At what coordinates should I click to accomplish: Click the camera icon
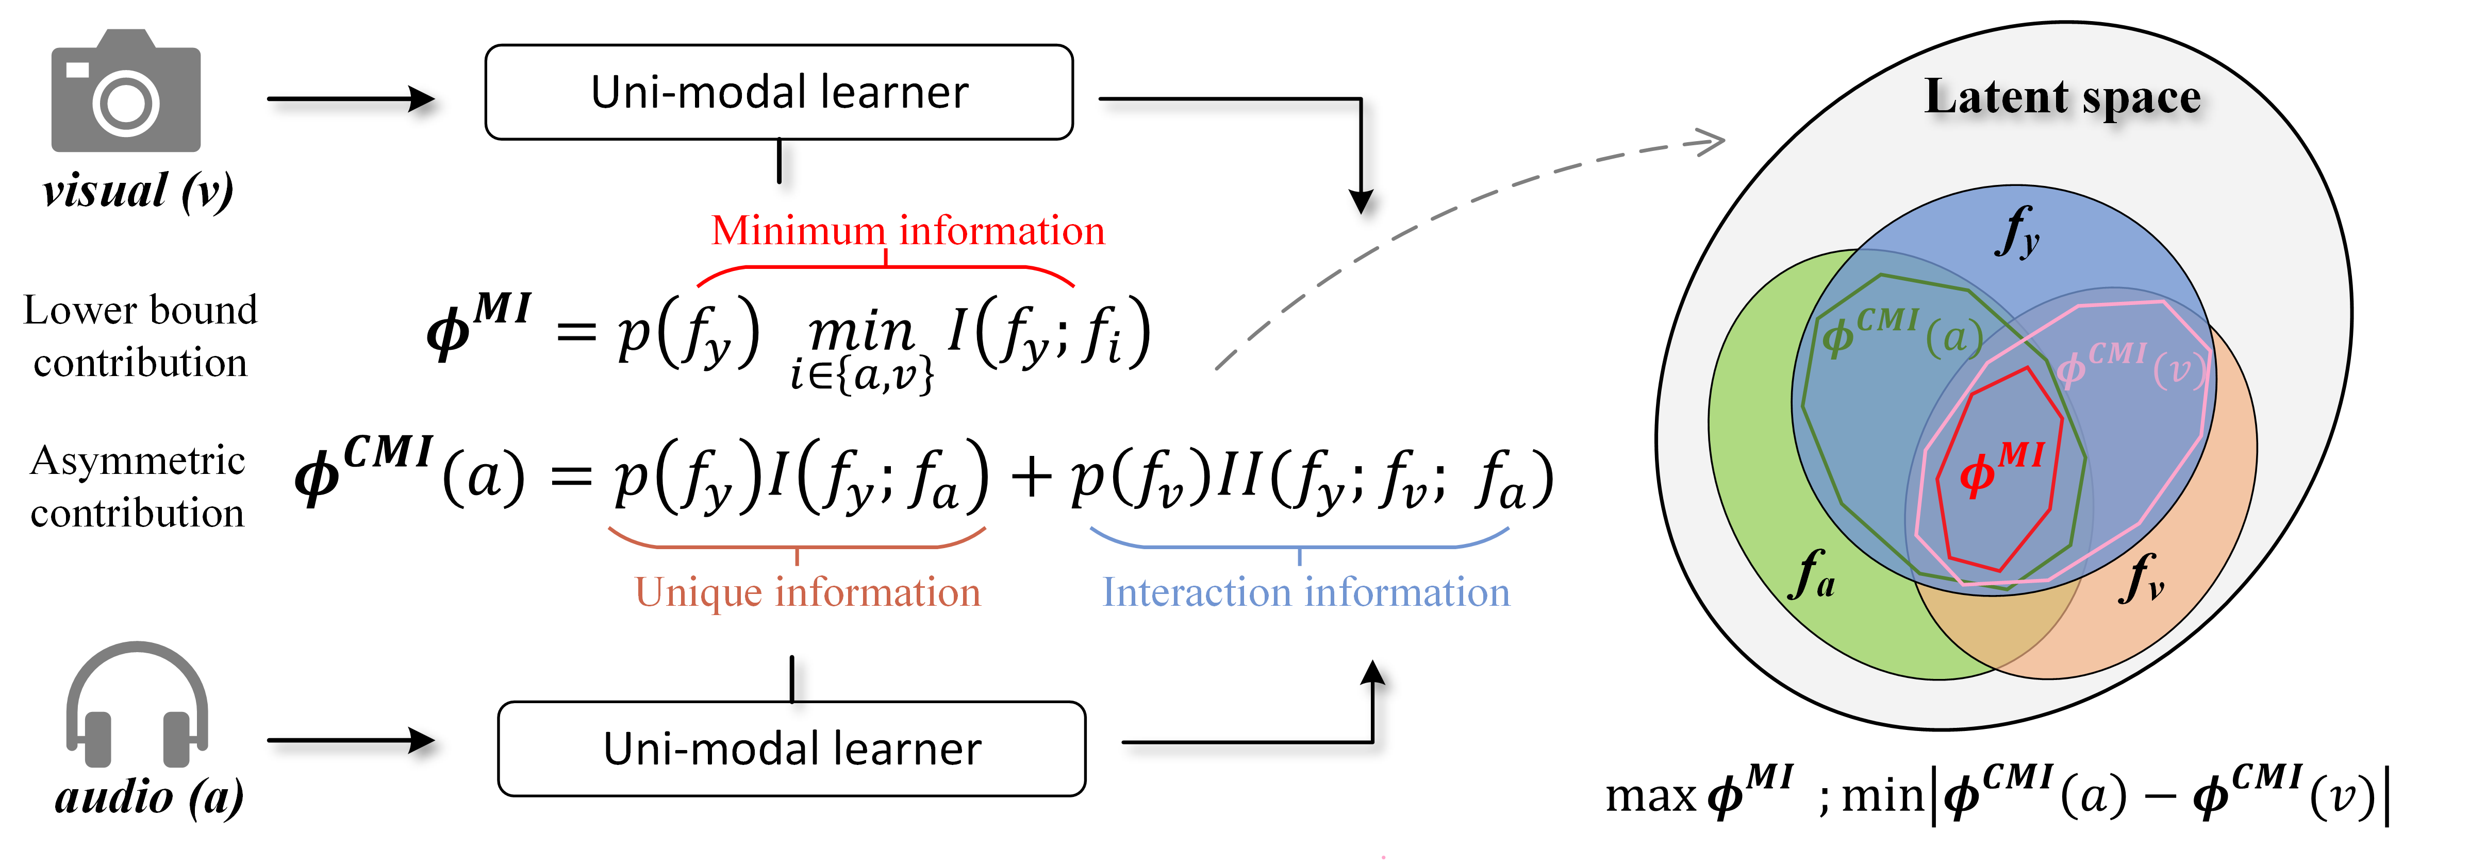(x=126, y=93)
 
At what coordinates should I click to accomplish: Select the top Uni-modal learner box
(x=778, y=93)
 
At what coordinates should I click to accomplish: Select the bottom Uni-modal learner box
(x=792, y=749)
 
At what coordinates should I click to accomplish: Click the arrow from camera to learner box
(x=350, y=99)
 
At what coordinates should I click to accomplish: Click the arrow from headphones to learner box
(x=350, y=740)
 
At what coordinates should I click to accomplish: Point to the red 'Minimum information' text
(x=908, y=231)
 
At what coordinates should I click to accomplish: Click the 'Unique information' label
(x=808, y=592)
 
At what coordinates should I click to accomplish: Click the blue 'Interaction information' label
(x=1305, y=592)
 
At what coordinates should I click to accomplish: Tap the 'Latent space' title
(x=2063, y=97)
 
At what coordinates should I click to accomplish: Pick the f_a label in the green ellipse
(x=1812, y=575)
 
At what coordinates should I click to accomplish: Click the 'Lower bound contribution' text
(x=141, y=336)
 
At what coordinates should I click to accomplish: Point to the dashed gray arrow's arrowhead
(x=1709, y=143)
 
